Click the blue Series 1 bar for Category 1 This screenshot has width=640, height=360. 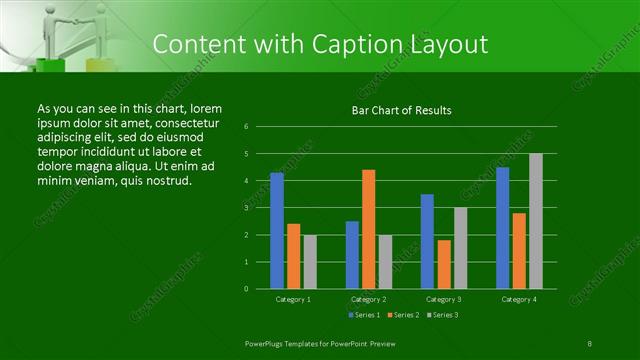[277, 231]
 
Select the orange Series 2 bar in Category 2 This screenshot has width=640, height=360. [368, 229]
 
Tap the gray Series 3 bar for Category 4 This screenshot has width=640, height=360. [536, 221]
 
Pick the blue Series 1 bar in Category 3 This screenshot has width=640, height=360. [427, 241]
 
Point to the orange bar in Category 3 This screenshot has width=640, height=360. [443, 264]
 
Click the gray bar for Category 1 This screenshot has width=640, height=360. [309, 261]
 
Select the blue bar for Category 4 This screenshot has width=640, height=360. [503, 228]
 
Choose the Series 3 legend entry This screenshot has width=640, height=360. [443, 315]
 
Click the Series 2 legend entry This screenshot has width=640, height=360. [403, 315]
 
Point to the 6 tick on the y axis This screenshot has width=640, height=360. [247, 127]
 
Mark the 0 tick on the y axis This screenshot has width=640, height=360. [247, 289]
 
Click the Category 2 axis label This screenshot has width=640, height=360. [369, 299]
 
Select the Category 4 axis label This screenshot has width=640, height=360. [519, 299]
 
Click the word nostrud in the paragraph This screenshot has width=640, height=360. [166, 180]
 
